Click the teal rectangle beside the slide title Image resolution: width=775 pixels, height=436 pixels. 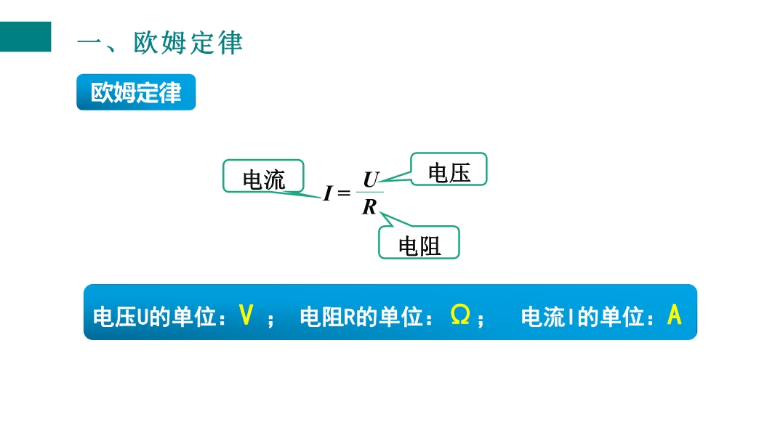25,36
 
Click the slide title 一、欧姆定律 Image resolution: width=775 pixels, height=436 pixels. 160,42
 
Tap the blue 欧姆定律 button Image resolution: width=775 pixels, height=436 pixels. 136,92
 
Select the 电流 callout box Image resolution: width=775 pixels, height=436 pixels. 263,177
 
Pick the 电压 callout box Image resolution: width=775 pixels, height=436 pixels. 449,169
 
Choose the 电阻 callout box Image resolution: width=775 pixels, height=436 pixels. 419,243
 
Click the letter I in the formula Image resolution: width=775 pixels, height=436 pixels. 328,193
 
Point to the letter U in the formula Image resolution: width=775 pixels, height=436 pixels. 371,179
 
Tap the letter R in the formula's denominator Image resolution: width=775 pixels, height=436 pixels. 369,207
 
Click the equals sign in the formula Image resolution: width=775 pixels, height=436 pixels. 344,193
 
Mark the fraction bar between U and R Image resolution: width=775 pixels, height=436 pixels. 370,192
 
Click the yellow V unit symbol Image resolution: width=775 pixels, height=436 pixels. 246,315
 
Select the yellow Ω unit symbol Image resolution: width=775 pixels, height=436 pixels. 460,314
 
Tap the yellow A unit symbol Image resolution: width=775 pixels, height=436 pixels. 674,315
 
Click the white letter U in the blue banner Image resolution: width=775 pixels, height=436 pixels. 142,317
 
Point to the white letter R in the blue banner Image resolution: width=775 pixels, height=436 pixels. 349,317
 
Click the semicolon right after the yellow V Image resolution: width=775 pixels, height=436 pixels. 270,320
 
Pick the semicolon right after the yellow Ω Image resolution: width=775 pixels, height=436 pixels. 481,320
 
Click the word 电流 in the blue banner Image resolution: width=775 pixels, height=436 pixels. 542,317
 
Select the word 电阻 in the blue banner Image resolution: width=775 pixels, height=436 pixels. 321,317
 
